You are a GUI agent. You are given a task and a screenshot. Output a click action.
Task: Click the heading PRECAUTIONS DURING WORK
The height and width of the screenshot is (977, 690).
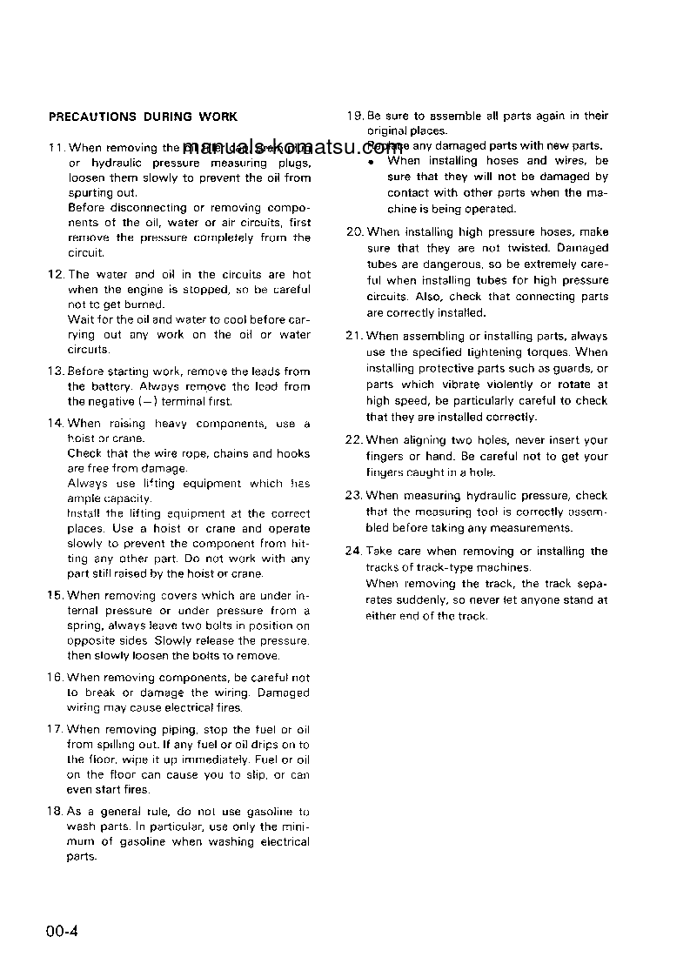pyautogui.click(x=143, y=117)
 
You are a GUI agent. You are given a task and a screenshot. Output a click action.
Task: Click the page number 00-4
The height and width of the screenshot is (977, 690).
pyautogui.click(x=63, y=933)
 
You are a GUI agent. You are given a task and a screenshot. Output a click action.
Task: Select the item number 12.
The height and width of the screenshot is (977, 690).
pyautogui.click(x=55, y=274)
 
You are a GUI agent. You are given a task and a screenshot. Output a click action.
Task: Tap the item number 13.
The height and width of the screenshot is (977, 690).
pyautogui.click(x=55, y=371)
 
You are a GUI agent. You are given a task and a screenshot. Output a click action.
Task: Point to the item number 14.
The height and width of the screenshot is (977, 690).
pyautogui.click(x=55, y=424)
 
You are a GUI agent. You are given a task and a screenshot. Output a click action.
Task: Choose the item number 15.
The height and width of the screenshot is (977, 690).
pyautogui.click(x=55, y=596)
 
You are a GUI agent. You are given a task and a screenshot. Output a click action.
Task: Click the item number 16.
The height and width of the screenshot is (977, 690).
pyautogui.click(x=55, y=678)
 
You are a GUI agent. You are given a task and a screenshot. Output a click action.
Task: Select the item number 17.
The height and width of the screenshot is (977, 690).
pyautogui.click(x=55, y=730)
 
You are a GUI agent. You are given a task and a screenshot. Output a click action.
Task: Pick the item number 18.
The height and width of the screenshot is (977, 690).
pyautogui.click(x=55, y=812)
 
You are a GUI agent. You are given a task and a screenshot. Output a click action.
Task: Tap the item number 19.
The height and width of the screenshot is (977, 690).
pyautogui.click(x=354, y=116)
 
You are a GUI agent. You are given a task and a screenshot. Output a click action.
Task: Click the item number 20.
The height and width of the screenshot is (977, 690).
pyautogui.click(x=354, y=232)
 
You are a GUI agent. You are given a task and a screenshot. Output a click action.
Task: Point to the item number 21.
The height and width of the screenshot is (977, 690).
pyautogui.click(x=354, y=337)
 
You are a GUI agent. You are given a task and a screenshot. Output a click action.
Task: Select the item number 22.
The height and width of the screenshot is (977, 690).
pyautogui.click(x=354, y=440)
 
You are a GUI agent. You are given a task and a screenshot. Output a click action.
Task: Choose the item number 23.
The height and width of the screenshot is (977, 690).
pyautogui.click(x=354, y=496)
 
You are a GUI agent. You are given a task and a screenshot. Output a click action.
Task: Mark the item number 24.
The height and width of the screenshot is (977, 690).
pyautogui.click(x=354, y=552)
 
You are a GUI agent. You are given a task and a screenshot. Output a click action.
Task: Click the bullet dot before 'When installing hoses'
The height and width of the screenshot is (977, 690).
pyautogui.click(x=371, y=162)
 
